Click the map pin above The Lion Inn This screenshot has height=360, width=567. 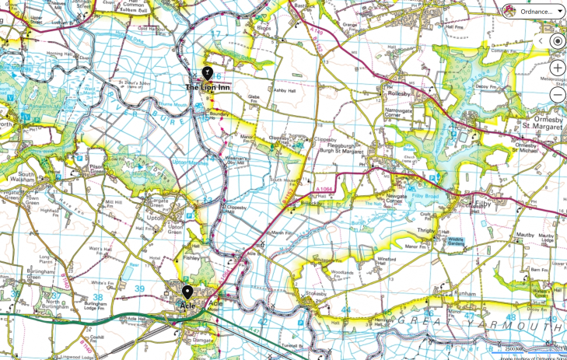click(x=207, y=73)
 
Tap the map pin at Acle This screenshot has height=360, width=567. click(x=187, y=292)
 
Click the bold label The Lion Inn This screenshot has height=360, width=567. click(x=207, y=87)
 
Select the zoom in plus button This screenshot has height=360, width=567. click(x=557, y=68)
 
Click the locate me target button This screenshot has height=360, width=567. click(x=557, y=41)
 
